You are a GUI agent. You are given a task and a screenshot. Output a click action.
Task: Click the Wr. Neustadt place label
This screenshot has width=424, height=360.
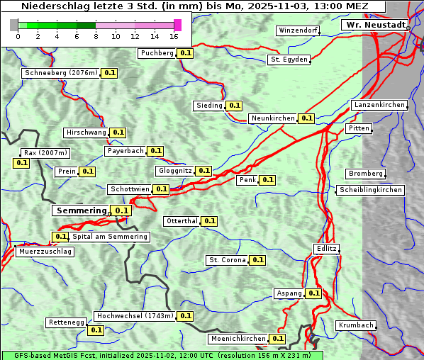coord(375,25)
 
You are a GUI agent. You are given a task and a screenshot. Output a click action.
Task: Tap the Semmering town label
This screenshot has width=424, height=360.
coord(81,210)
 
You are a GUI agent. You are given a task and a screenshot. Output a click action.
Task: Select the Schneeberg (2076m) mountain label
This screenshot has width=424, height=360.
coord(60,73)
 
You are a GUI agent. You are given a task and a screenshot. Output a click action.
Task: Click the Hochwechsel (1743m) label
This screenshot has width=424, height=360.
coord(134,316)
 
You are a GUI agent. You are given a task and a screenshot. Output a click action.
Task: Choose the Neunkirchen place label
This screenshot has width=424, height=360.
coord(273,118)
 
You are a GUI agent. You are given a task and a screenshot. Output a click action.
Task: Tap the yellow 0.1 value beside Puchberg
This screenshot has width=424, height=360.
coord(186,53)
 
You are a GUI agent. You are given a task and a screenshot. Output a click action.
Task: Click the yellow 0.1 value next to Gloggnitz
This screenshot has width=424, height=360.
coord(203,171)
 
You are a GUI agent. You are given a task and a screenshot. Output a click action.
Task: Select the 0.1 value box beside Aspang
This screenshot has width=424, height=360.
coord(313,293)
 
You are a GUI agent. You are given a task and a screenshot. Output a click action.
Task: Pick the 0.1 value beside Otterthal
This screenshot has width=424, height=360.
coord(209,221)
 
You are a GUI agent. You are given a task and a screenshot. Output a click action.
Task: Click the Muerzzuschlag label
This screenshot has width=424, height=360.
coord(45,252)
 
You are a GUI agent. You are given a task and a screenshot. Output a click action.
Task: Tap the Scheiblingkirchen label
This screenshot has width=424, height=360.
coord(371,190)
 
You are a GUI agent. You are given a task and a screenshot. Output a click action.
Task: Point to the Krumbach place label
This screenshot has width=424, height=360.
coord(355,325)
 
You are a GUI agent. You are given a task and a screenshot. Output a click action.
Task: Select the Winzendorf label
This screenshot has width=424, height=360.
coord(298,31)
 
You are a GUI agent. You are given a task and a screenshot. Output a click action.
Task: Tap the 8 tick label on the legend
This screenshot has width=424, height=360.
coord(96,36)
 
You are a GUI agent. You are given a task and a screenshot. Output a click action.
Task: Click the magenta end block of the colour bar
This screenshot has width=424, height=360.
coord(177,26)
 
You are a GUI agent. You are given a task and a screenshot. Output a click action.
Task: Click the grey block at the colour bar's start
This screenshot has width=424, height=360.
coord(14,26)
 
